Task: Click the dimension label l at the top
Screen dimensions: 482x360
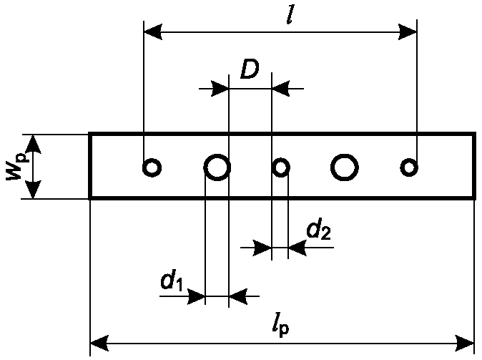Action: tap(290, 14)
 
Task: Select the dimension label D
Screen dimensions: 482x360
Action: tap(250, 69)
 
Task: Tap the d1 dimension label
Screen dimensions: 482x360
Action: tap(172, 280)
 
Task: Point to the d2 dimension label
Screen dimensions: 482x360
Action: tap(319, 229)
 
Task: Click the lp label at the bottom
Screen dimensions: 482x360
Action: tap(280, 329)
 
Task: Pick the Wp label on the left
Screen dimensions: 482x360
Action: tap(16, 167)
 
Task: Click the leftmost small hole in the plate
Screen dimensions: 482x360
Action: tap(152, 167)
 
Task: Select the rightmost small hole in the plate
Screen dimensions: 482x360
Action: tap(409, 167)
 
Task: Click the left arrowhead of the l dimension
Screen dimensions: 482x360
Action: tap(153, 31)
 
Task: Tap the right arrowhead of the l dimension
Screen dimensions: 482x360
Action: tap(408, 31)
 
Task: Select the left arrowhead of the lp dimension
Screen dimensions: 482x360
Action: tap(99, 344)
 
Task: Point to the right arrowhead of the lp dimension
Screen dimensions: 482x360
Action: tap(464, 344)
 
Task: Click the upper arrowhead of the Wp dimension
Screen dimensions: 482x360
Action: tap(33, 144)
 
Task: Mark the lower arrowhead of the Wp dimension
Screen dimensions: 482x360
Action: tap(33, 190)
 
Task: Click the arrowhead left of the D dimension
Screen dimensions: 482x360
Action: tap(220, 89)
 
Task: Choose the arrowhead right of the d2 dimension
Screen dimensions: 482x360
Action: tap(297, 248)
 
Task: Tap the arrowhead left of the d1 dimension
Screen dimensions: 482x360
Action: tap(196, 296)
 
